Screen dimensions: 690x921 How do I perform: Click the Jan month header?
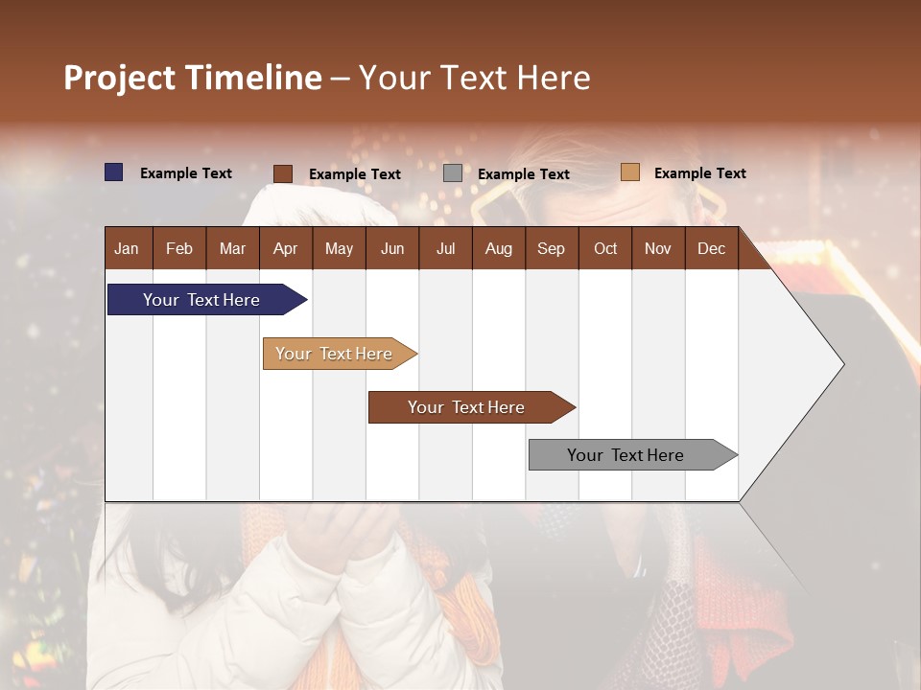coord(128,248)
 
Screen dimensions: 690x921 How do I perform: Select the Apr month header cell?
coord(286,248)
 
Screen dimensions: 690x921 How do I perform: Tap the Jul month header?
coord(445,248)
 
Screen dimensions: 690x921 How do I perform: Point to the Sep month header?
coord(551,248)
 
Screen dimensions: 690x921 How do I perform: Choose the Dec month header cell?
coord(711,248)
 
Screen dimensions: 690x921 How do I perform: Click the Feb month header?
coord(179,248)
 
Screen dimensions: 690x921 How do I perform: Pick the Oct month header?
coord(605,248)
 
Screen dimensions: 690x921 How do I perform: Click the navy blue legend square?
coord(114,172)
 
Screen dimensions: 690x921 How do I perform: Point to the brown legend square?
coord(283,173)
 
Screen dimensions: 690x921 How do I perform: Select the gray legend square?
coord(453,173)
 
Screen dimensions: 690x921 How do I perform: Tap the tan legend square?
coord(630,172)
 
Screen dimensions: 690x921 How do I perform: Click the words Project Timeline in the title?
coord(193,78)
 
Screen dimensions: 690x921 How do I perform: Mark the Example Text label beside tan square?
coord(699,173)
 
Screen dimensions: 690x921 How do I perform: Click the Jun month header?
coord(392,248)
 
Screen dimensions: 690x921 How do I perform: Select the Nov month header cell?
coord(658,248)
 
